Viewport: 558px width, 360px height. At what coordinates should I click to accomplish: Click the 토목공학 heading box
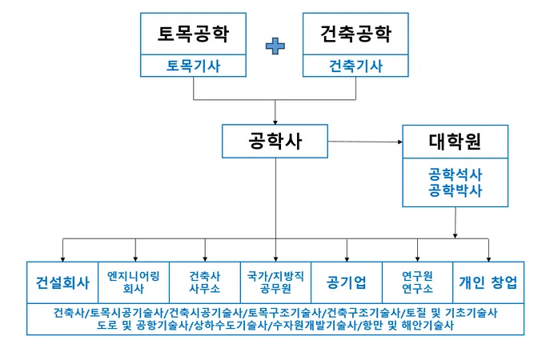[193, 34]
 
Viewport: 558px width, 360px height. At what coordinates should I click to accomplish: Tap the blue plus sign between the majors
[275, 46]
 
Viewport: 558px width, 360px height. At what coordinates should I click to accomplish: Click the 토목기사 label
[193, 66]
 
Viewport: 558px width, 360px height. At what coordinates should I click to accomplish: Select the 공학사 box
[275, 141]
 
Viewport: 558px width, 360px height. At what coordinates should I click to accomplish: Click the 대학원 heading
[455, 143]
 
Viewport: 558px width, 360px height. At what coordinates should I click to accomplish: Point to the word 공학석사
[455, 174]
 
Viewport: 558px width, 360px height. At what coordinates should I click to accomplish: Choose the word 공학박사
[455, 190]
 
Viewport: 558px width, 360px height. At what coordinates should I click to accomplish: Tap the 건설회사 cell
[62, 282]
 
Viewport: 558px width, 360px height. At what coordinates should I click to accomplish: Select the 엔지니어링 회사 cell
[134, 282]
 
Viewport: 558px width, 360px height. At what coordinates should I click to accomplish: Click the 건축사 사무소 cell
[204, 282]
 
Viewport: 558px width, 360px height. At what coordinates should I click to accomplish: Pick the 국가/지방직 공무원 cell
[275, 282]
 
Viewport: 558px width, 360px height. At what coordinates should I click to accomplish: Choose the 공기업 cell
[347, 282]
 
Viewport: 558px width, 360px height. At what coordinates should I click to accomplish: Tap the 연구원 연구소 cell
[417, 282]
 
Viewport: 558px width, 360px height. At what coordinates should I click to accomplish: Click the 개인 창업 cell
[488, 282]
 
